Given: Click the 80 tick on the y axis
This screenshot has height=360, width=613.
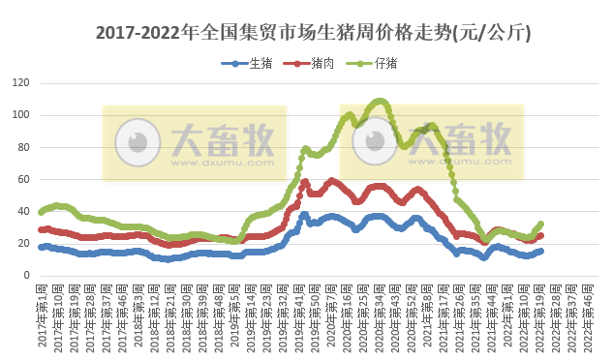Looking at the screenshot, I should pos(23,147).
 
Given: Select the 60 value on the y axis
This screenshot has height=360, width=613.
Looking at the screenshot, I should pos(23,179).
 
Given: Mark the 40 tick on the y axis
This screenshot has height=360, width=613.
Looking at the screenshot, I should pos(23,211).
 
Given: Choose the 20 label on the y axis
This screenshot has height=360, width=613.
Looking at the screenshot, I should pos(23,243).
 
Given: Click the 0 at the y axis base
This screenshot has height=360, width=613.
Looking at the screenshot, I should pos(26,275).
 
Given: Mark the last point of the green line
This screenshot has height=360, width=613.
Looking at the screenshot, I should pos(540,225).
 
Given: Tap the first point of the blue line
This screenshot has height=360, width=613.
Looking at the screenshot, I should pos(40,247).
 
